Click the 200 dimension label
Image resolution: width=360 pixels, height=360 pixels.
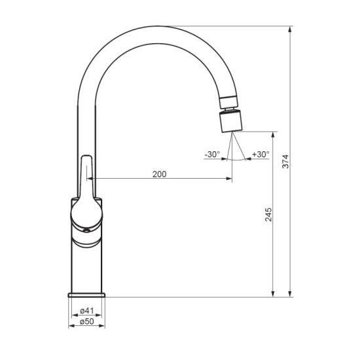[159, 174]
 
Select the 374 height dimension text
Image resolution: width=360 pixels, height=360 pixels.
[285, 162]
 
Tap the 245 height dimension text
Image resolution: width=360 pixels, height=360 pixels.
[267, 214]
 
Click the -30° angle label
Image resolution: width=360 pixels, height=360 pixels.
[212, 154]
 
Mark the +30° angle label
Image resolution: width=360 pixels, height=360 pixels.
[260, 154]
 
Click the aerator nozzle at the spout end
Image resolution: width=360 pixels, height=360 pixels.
[232, 122]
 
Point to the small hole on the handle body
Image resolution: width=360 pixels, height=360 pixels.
[84, 230]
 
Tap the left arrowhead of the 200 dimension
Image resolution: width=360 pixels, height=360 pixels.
[92, 179]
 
